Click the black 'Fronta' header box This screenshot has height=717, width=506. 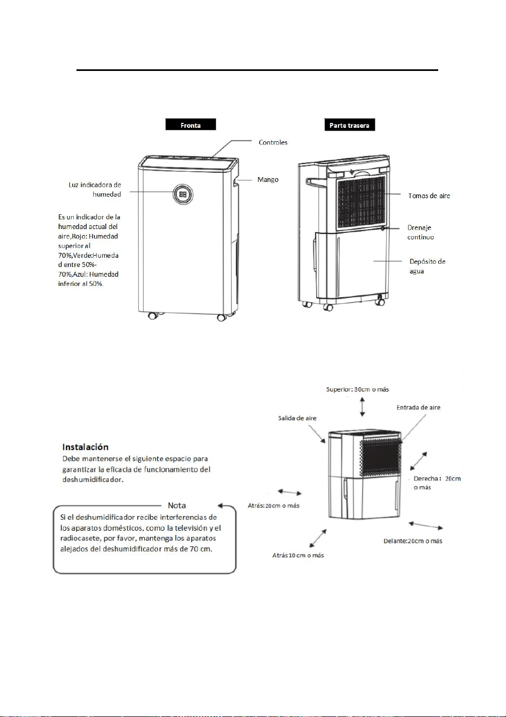coord(190,124)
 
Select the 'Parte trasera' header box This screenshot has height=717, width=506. coord(349,125)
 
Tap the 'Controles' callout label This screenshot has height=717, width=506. coord(273,142)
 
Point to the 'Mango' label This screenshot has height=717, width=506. coord(268,180)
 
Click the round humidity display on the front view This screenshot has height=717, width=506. coord(183,194)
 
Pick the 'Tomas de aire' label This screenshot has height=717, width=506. coord(429,195)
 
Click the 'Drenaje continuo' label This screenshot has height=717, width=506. coord(420,232)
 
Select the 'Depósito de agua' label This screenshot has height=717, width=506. coord(427,266)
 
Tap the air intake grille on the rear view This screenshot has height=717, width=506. coord(361,203)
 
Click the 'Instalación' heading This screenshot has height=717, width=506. coord(85,447)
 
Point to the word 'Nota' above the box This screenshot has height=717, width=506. coord(177,505)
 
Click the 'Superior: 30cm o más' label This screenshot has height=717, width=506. coord(357,389)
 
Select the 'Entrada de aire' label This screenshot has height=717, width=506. coord(418,407)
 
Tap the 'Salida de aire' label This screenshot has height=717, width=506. coord(297,418)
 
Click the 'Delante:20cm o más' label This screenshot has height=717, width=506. coord(413,540)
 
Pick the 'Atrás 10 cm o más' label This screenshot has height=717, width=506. coord(298,555)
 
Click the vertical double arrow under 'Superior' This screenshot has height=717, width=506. coord(362,407)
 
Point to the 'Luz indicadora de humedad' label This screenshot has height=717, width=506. coord(95,190)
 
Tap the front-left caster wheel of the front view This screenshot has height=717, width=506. coord(152,316)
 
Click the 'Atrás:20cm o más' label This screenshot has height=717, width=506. coord(273,505)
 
